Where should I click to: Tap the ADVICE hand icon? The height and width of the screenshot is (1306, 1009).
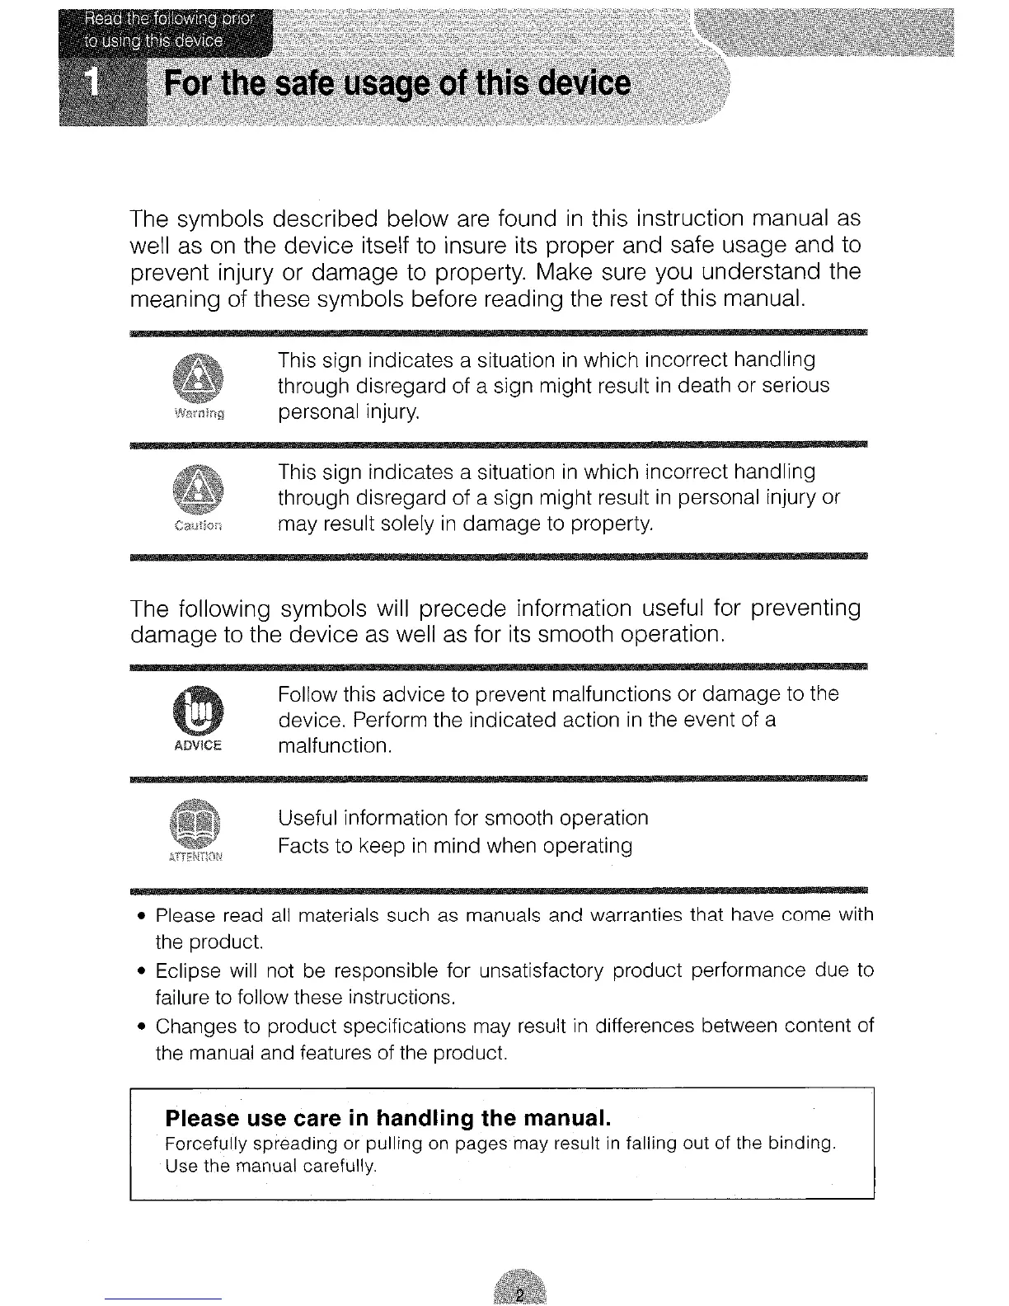pyautogui.click(x=198, y=711)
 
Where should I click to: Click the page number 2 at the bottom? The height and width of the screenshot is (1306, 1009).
pyautogui.click(x=520, y=1291)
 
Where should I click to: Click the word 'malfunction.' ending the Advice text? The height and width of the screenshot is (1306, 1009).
pyautogui.click(x=335, y=747)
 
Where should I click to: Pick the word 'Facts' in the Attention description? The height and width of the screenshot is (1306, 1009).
pyautogui.click(x=303, y=847)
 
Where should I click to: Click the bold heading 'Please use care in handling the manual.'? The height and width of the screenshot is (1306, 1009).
pyautogui.click(x=387, y=1118)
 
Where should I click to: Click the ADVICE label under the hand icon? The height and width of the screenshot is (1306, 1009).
pyautogui.click(x=198, y=745)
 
